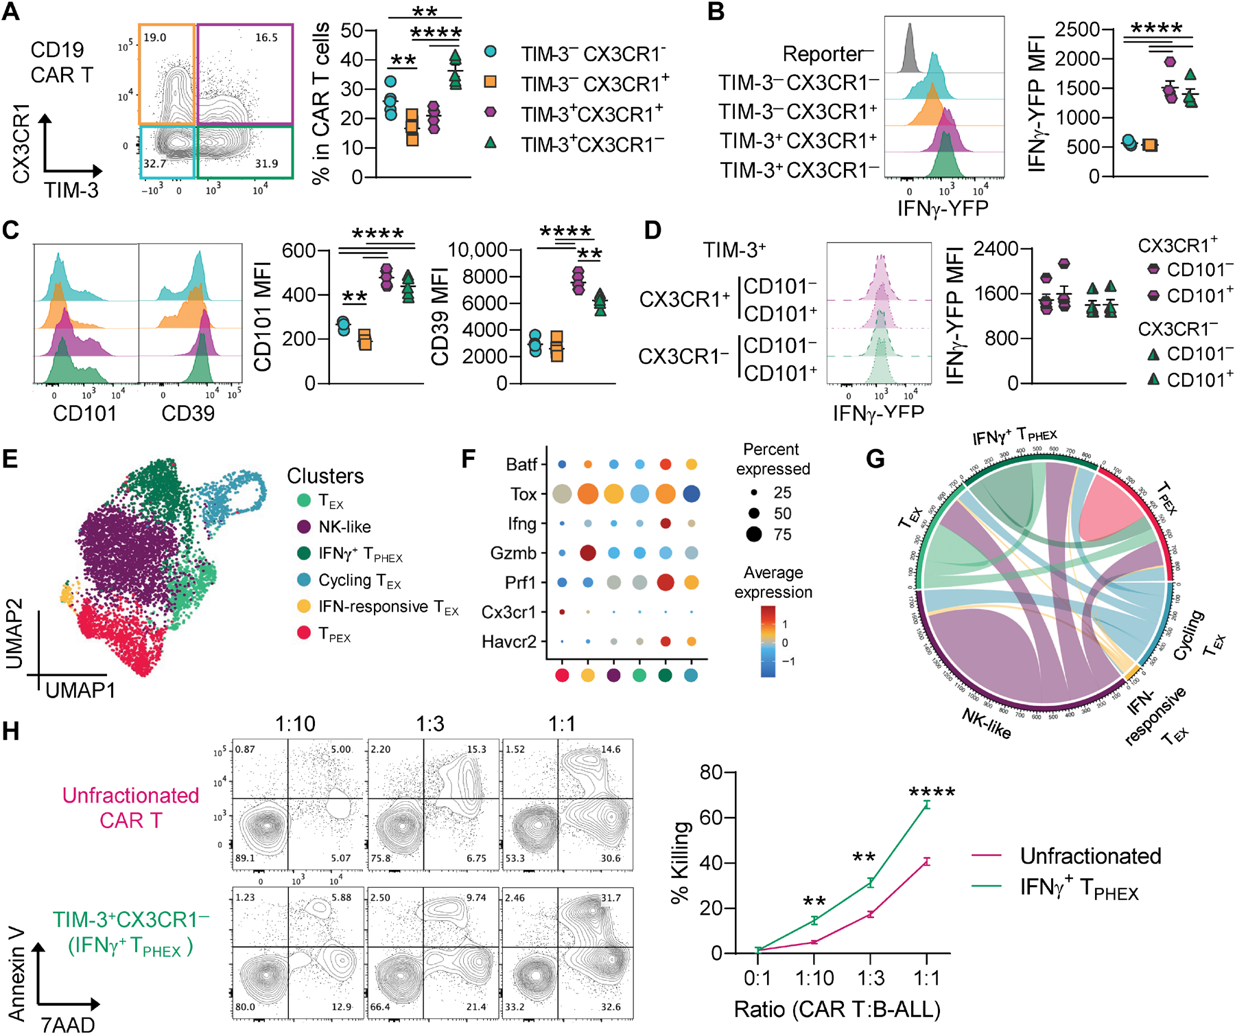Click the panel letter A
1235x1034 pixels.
coord(11,12)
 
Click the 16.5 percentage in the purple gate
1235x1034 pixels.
coord(266,38)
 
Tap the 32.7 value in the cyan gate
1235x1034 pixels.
coord(154,164)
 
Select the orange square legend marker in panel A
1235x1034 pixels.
coord(490,82)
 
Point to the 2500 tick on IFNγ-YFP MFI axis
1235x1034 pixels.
coord(1077,30)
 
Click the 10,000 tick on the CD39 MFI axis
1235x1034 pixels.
coord(478,250)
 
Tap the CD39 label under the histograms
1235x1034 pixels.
coord(188,413)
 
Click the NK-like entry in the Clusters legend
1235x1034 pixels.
coord(344,527)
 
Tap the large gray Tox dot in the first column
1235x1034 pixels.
coord(562,494)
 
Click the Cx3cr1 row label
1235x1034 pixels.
coord(508,612)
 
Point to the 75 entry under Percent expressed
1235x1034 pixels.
coord(782,534)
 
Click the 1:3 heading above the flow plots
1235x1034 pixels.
coord(430,724)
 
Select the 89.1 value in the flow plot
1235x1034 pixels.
coord(245,858)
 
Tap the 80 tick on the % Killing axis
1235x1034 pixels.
coord(711,772)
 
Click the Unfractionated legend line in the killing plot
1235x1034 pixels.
coord(987,855)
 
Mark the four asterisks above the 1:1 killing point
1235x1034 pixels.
coord(932,792)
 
